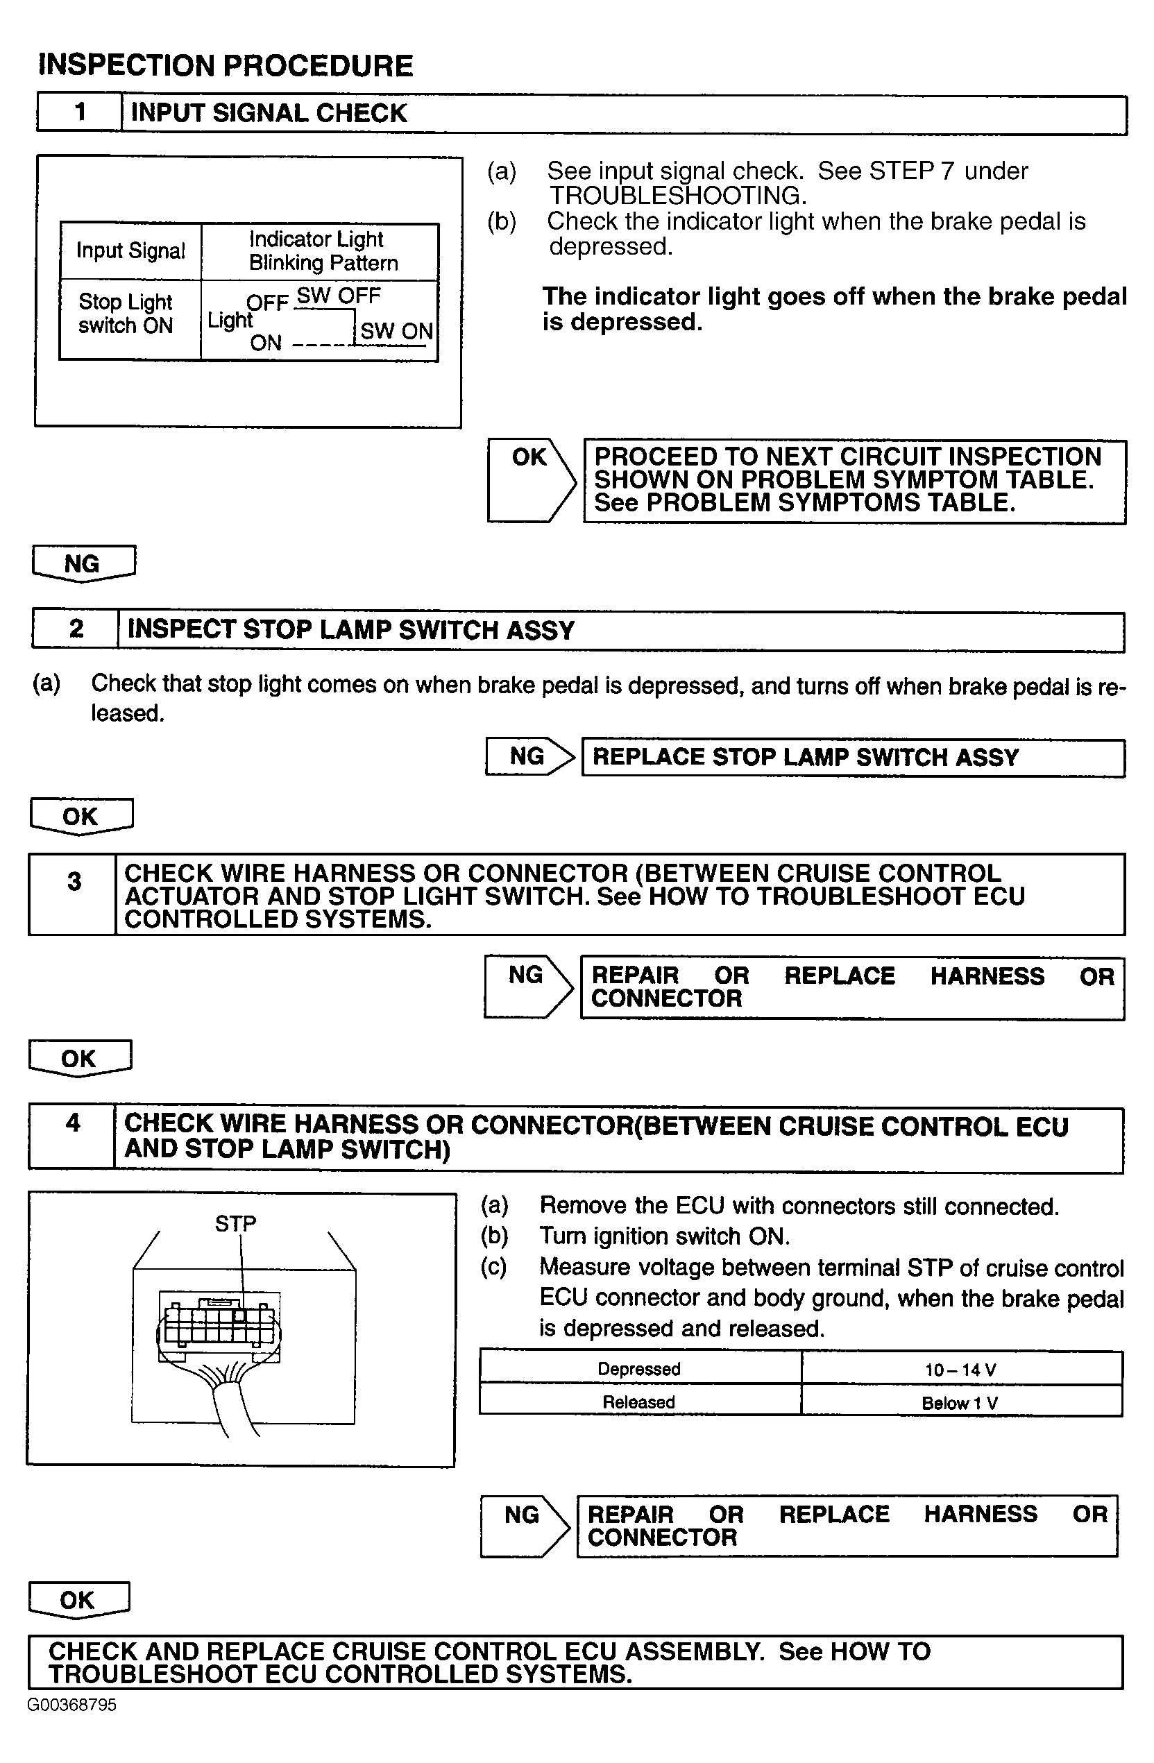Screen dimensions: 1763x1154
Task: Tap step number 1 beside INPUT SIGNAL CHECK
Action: [x=80, y=112]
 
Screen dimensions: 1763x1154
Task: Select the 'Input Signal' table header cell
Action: [x=130, y=251]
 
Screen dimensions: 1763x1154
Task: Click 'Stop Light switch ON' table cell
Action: [x=126, y=314]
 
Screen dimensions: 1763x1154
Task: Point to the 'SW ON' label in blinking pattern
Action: [x=396, y=331]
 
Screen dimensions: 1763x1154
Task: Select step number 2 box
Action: [x=76, y=630]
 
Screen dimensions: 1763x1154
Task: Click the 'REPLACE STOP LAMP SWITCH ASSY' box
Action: [x=852, y=757]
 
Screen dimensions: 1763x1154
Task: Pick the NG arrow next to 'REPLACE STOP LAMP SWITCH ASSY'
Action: [x=529, y=756]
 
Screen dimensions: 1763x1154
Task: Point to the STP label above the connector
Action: [x=235, y=1224]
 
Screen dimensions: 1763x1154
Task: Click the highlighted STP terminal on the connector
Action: [x=239, y=1315]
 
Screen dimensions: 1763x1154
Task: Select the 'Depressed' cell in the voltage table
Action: [x=639, y=1369]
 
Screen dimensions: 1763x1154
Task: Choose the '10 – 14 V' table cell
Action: [x=960, y=1370]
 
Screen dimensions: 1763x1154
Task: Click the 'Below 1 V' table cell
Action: [x=960, y=1402]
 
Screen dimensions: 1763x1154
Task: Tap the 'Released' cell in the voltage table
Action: [x=639, y=1402]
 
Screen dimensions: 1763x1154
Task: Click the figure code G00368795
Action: [x=72, y=1705]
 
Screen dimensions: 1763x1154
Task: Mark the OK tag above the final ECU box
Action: [x=78, y=1599]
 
